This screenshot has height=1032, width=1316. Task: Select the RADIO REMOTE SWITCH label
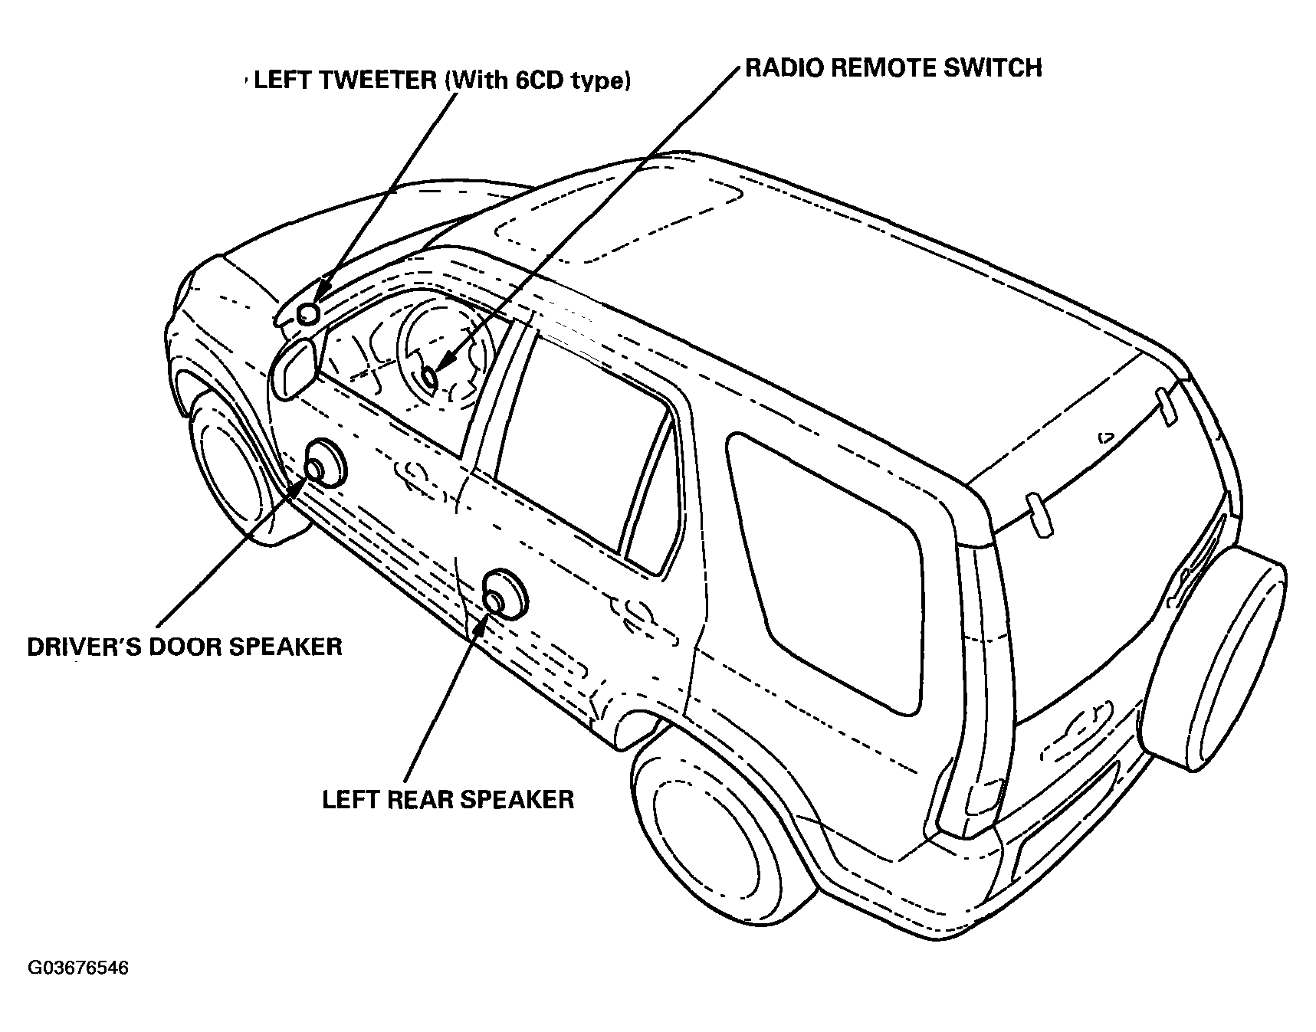894,68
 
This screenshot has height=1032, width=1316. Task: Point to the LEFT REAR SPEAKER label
448,799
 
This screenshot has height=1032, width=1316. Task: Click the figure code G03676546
78,968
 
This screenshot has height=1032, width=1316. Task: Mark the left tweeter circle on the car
308,313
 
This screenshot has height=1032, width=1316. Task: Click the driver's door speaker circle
325,464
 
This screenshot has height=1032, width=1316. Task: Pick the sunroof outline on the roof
621,222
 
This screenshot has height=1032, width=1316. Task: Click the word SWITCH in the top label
999,68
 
